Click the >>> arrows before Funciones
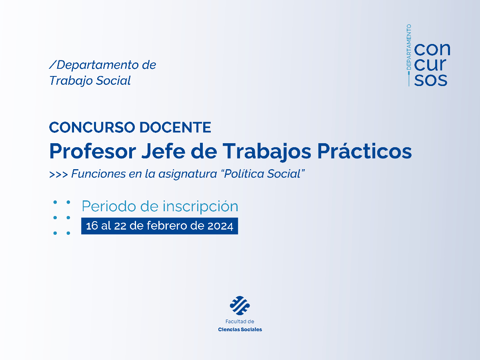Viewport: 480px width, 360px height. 58,174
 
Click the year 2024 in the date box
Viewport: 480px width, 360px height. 220,226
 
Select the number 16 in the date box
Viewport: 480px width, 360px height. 92,226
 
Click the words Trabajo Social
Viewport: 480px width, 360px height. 90,80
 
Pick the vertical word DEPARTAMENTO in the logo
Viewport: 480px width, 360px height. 409,47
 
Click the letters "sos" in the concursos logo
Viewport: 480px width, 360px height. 431,79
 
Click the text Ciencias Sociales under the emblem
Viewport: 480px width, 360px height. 240,330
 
